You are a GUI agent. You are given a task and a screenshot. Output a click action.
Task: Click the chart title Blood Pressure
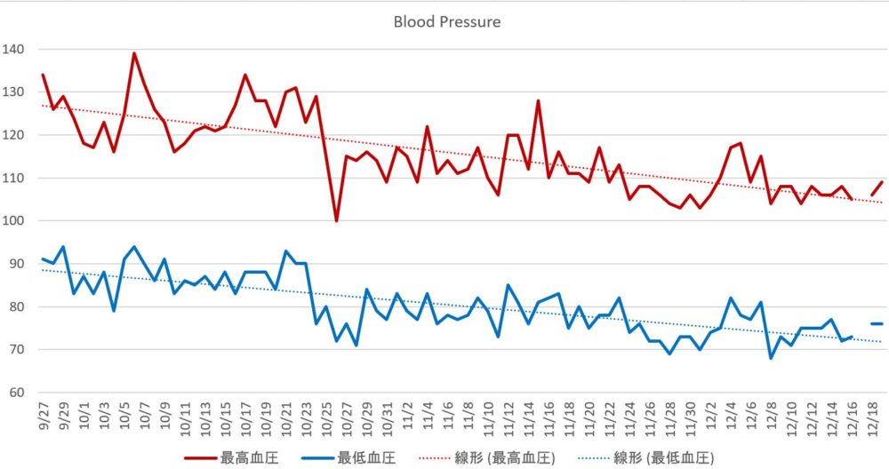(x=446, y=21)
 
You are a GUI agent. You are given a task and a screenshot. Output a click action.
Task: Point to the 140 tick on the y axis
(x=16, y=49)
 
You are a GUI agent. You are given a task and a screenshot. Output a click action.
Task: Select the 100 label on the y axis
(x=16, y=221)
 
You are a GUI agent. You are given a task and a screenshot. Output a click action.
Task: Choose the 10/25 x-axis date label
(x=327, y=417)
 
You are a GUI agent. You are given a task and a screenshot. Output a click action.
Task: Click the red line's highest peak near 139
(x=134, y=53)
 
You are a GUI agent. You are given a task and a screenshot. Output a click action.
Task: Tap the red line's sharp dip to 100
(x=336, y=220)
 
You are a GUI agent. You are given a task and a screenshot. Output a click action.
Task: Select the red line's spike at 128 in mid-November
(x=538, y=101)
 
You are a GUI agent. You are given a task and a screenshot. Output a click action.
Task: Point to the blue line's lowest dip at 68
(x=770, y=358)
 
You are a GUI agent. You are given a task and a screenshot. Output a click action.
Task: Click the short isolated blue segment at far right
(x=876, y=323)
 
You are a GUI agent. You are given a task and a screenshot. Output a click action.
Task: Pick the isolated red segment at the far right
(x=877, y=187)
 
